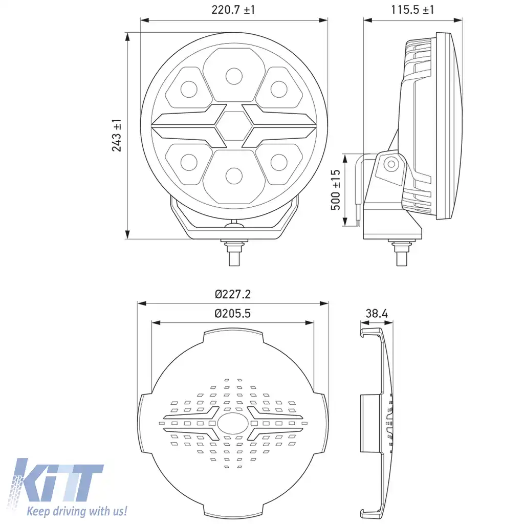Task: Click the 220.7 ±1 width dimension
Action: click(234, 10)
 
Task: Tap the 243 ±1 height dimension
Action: click(117, 136)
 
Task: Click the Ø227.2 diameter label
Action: click(232, 294)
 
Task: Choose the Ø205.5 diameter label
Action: click(232, 314)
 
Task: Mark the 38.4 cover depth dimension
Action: click(377, 313)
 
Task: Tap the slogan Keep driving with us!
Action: click(77, 511)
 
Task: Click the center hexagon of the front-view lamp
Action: click(234, 126)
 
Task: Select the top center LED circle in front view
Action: click(234, 75)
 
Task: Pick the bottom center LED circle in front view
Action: click(234, 174)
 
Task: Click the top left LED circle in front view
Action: click(189, 89)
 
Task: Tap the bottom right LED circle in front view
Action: click(278, 162)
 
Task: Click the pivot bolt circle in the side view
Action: click(391, 164)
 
